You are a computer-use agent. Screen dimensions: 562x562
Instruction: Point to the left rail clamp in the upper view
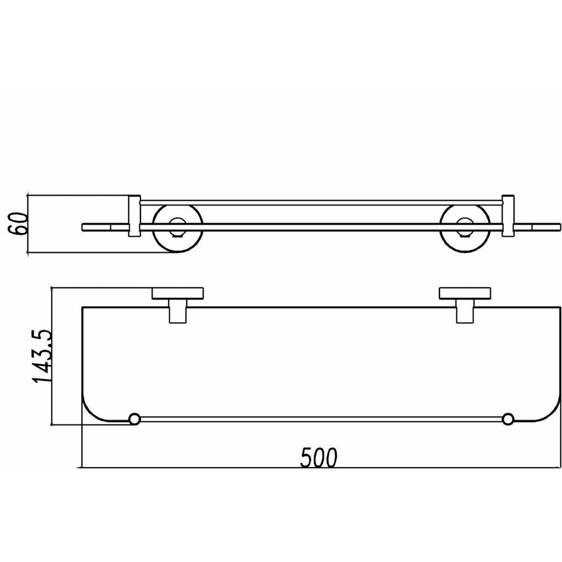(x=134, y=216)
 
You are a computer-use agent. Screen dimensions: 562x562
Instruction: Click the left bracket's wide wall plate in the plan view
(x=179, y=293)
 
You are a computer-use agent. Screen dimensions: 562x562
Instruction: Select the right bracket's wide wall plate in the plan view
(x=465, y=293)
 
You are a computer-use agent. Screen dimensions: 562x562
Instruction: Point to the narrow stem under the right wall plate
(x=464, y=312)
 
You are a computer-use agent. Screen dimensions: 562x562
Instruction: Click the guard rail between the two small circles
(x=321, y=417)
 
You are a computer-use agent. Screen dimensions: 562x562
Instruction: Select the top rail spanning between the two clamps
(x=321, y=202)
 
